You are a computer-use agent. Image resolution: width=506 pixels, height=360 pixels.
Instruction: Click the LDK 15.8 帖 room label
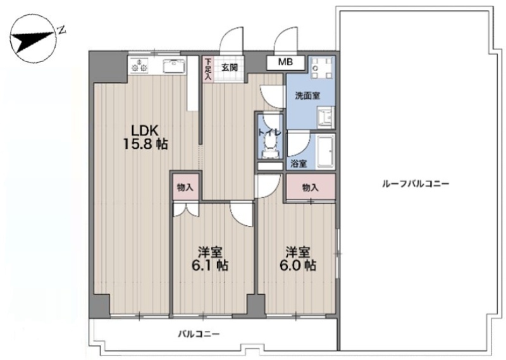pos(145,137)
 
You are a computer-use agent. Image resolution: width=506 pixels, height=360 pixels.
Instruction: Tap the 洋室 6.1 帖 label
pos(210,258)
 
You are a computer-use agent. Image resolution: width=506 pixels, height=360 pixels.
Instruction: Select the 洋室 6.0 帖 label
pos(297,258)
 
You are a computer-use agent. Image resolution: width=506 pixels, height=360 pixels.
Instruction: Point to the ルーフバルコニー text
pos(416,184)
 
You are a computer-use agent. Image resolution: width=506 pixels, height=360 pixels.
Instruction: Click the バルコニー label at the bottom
pos(199,334)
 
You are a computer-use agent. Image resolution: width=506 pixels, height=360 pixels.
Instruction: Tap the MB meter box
pos(286,62)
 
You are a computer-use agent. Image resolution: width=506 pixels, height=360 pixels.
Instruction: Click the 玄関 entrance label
pos(230,68)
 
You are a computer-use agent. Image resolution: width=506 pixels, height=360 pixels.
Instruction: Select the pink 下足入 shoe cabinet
pos(208,69)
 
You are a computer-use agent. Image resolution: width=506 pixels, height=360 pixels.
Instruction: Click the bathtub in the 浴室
pos(326,152)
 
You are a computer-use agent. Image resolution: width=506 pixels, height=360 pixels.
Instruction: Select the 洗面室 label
pos(307,96)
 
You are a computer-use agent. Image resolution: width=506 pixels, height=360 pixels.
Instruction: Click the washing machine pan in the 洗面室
pos(322,69)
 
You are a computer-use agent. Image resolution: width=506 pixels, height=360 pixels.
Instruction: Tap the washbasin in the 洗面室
pos(324,118)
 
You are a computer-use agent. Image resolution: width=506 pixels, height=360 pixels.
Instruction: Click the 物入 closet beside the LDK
pos(185,187)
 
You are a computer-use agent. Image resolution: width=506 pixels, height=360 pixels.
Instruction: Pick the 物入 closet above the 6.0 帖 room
pos(311,187)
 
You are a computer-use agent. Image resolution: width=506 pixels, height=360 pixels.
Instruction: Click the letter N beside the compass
pos(61,30)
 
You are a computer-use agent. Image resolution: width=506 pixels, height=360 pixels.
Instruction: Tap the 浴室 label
pos(299,164)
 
